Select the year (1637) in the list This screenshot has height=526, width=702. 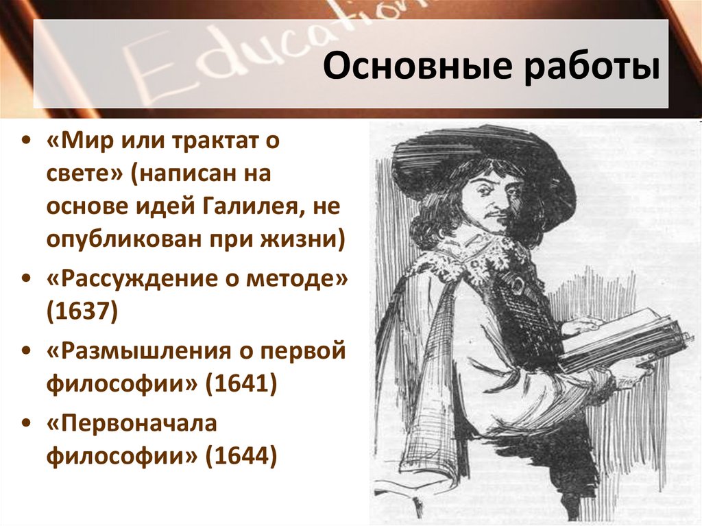[82, 311]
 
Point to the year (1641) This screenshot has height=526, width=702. [241, 383]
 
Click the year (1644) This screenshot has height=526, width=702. [241, 454]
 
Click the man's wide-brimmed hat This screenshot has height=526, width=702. [480, 154]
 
